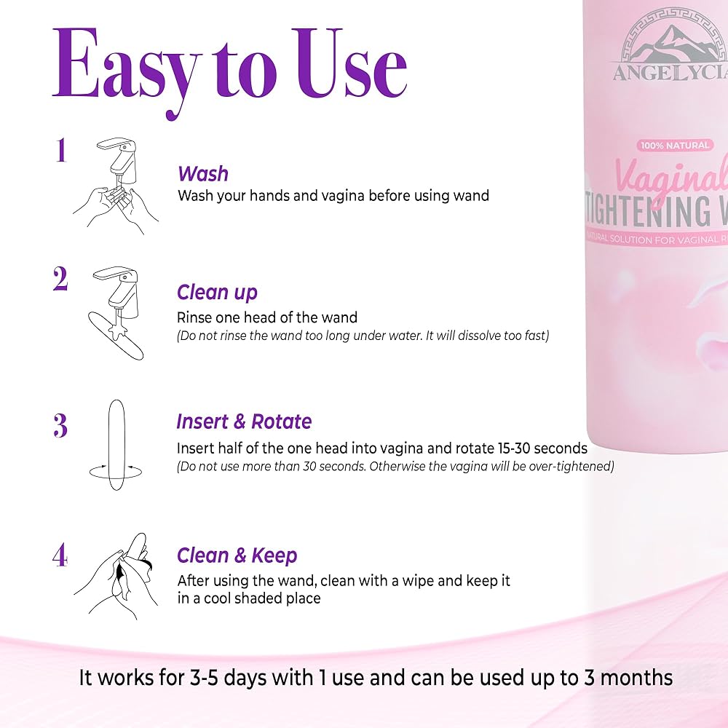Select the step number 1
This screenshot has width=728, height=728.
pyautogui.click(x=61, y=150)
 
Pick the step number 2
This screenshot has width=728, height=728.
pyautogui.click(x=60, y=279)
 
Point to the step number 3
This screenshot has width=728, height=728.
pyautogui.click(x=60, y=425)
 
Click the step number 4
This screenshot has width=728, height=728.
pyautogui.click(x=60, y=555)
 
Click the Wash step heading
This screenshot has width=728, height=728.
pyautogui.click(x=203, y=174)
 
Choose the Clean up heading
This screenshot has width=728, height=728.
pyautogui.click(x=217, y=293)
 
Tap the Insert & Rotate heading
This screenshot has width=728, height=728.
pyautogui.click(x=244, y=422)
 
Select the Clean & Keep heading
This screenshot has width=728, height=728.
pyautogui.click(x=237, y=555)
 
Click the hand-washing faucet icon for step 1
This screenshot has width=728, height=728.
pyautogui.click(x=116, y=186)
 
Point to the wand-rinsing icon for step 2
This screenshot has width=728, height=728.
pyautogui.click(x=116, y=313)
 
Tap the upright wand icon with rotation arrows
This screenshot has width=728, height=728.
pyautogui.click(x=116, y=445)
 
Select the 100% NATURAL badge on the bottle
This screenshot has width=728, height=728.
pyautogui.click(x=675, y=146)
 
